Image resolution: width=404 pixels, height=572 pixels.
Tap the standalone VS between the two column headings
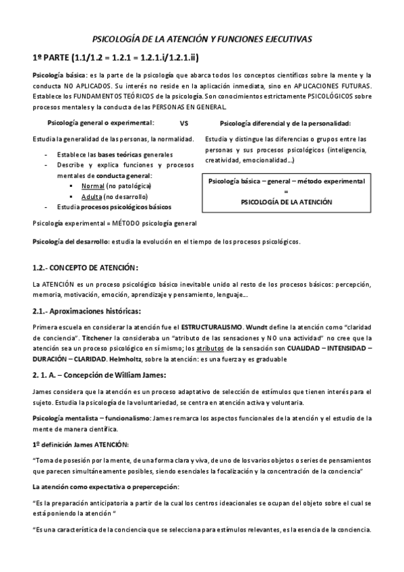(x=184, y=123)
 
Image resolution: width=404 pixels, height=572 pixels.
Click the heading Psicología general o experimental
(x=100, y=123)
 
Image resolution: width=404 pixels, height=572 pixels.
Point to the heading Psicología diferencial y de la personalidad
(x=285, y=123)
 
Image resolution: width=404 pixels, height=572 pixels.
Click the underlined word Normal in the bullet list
(x=92, y=185)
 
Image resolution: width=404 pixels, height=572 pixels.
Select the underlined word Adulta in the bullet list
(x=92, y=196)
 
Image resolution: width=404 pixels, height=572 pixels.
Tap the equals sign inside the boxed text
(x=287, y=191)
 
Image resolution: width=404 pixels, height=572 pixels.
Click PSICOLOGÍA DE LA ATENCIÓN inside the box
(x=287, y=202)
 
